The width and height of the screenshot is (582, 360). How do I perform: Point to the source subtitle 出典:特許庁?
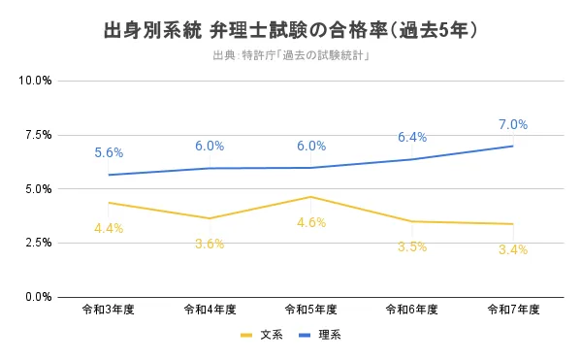(x=291, y=55)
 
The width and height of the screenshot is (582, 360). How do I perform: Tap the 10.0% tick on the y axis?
(x=36, y=80)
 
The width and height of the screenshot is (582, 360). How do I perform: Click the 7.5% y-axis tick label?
(x=36, y=134)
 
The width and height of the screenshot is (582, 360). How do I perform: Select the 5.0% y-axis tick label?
(x=36, y=188)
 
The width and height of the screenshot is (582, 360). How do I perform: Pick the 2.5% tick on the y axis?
(x=36, y=243)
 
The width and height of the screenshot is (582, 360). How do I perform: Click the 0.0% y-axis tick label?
(x=36, y=297)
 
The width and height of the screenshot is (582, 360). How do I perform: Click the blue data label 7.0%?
(x=512, y=124)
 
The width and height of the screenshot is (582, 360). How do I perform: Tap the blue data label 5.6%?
(x=109, y=152)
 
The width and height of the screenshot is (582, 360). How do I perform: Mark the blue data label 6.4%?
(x=411, y=137)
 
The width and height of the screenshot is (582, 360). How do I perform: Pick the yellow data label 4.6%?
(x=310, y=222)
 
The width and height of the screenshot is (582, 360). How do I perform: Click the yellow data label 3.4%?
(x=512, y=249)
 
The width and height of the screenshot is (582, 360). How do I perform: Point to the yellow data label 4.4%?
(x=109, y=228)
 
